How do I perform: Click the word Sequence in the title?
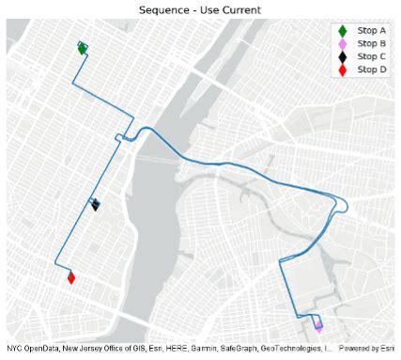pyautogui.click(x=159, y=8)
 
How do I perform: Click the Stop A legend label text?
pyautogui.click(x=372, y=30)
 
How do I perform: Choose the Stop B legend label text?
pyautogui.click(x=372, y=43)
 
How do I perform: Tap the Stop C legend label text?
pyautogui.click(x=372, y=56)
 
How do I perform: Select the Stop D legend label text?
pyautogui.click(x=372, y=70)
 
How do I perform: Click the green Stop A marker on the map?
pyautogui.click(x=83, y=49)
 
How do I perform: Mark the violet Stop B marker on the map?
pyautogui.click(x=318, y=326)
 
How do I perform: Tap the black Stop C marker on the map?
pyautogui.click(x=96, y=205)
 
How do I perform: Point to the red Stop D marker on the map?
pyautogui.click(x=71, y=277)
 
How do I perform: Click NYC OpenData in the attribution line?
pyautogui.click(x=32, y=350)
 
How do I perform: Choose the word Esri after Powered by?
pyautogui.click(x=386, y=350)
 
